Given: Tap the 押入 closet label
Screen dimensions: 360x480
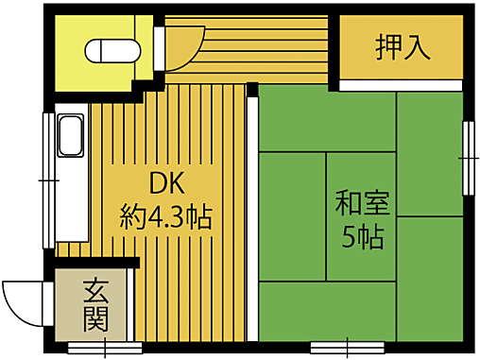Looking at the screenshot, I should (x=403, y=46).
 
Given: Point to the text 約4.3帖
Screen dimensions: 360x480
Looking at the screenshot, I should (x=165, y=218).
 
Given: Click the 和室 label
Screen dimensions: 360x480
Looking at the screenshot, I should (x=362, y=203).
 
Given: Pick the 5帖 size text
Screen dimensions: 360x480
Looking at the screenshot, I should (x=362, y=237).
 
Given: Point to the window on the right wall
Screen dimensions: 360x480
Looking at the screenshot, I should (x=467, y=156).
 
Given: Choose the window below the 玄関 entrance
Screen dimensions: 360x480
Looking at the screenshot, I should (x=104, y=346).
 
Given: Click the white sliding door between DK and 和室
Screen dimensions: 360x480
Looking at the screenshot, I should (x=251, y=217).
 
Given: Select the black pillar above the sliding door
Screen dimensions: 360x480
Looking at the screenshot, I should (x=252, y=90).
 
